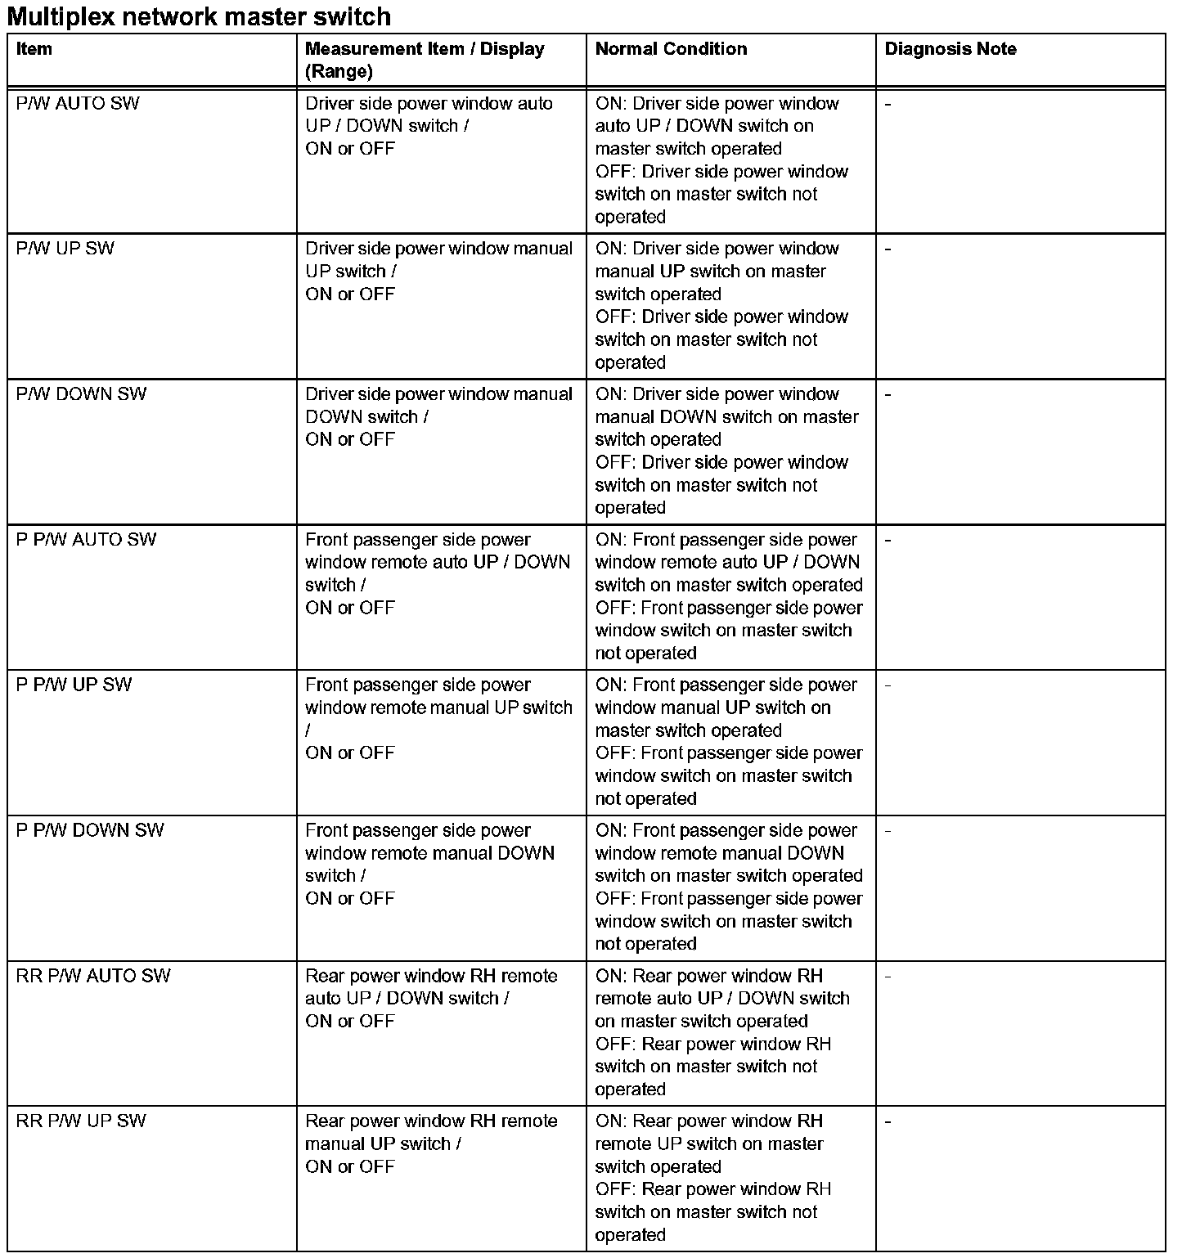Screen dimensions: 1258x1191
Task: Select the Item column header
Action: click(x=34, y=49)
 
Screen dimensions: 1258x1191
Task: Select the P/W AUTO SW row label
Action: click(x=78, y=104)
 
